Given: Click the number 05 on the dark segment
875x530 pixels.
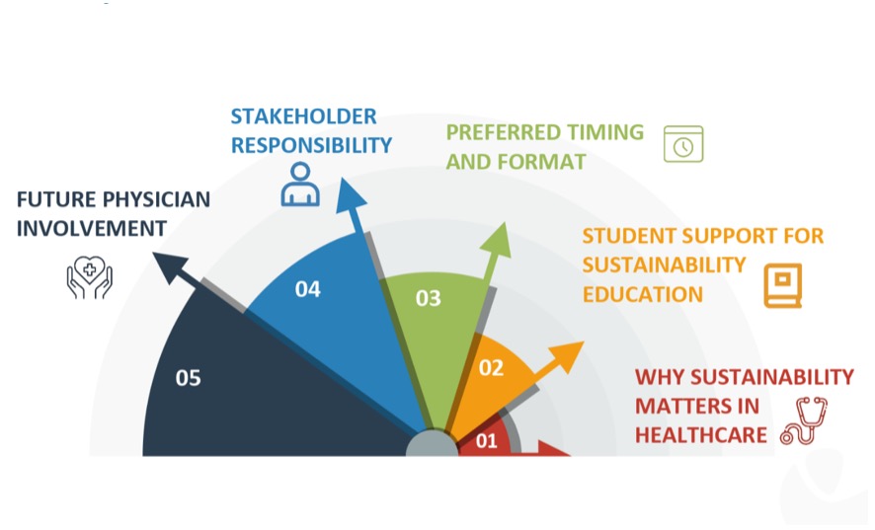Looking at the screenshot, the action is pos(188,378).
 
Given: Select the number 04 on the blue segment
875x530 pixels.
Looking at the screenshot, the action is pos(308,289).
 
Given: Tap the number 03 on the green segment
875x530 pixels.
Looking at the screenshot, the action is pos(428,298).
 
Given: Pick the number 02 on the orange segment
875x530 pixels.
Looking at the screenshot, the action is pos(491,368).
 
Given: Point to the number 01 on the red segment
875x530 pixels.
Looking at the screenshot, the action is pos(487,441).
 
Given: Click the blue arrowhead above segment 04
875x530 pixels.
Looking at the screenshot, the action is pos(350,197).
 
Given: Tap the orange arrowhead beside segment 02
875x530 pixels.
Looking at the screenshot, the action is pos(567,356).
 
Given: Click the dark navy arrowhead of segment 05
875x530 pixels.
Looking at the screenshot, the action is pos(170,266).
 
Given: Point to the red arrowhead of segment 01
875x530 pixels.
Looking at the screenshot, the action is pos(552,448).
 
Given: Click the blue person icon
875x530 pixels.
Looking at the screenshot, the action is pos(300,185).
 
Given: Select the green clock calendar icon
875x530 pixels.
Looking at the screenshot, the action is pos(683,144).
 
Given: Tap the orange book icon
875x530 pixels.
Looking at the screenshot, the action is pos(783,285).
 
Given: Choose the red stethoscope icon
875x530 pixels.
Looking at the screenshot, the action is pos(804,421).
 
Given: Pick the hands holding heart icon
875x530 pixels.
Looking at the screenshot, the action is pos(89,277).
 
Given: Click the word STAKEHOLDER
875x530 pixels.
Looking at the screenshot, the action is pos(303,116).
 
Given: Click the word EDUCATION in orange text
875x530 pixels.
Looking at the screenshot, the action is pos(643,294).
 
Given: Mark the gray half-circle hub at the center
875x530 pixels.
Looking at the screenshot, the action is pos(432,445).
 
